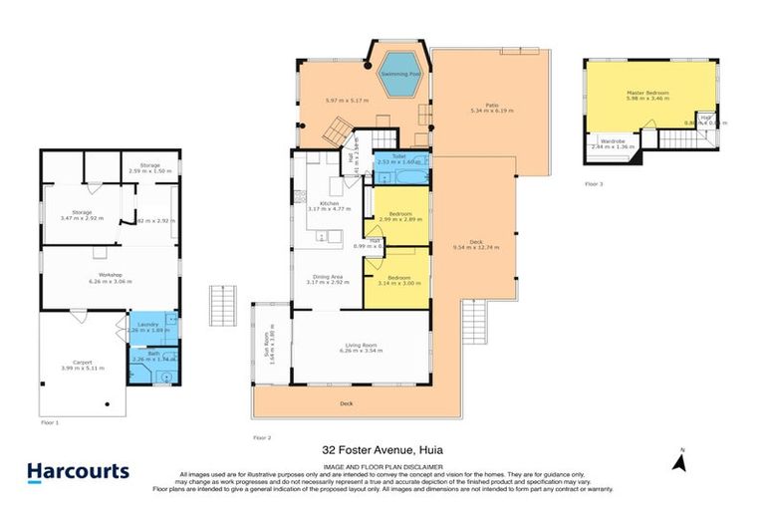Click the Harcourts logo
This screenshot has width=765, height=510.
(x=78, y=471)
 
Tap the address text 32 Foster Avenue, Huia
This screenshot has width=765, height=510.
(x=382, y=449)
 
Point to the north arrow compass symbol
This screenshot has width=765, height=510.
(x=681, y=460)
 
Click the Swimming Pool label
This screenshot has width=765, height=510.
(x=402, y=74)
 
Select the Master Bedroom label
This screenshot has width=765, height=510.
(x=648, y=93)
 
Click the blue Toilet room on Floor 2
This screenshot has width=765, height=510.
(x=400, y=159)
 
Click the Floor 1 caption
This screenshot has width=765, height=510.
(x=50, y=422)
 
